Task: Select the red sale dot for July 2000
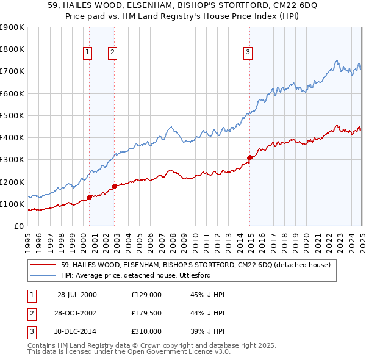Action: (89, 197)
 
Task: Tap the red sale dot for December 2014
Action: (249, 157)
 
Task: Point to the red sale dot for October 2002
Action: (114, 186)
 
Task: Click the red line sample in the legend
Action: (42, 265)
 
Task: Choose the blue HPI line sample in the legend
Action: (42, 275)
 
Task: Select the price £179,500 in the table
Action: (146, 314)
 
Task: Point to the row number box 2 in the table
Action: (31, 314)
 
